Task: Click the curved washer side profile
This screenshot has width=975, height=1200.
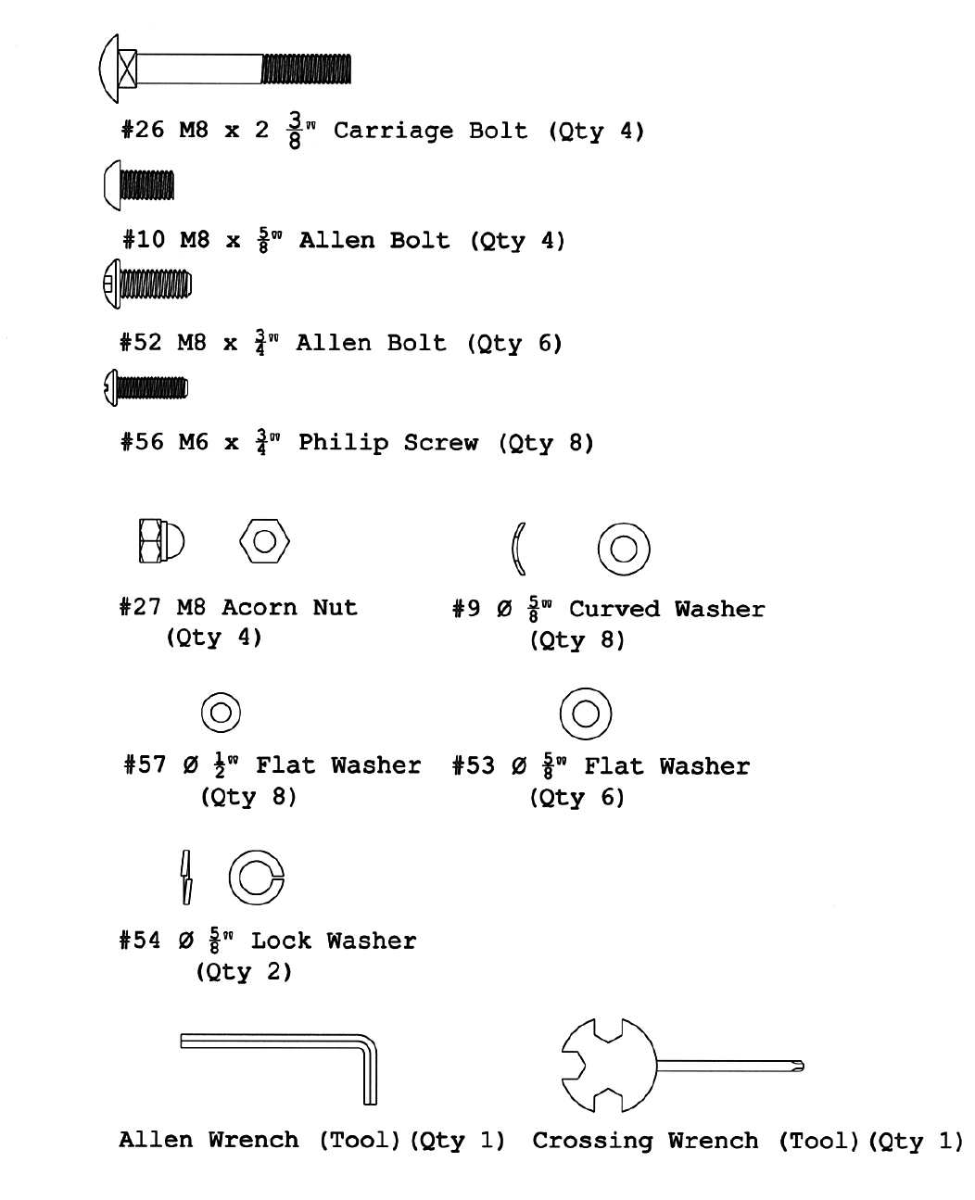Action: tap(518, 549)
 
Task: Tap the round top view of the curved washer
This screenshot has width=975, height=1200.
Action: tap(623, 549)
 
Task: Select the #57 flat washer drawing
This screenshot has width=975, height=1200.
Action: tap(221, 713)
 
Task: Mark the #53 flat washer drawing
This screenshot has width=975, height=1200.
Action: tap(586, 714)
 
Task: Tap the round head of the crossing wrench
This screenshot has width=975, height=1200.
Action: tap(607, 1065)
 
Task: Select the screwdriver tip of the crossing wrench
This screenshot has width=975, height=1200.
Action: tap(797, 1067)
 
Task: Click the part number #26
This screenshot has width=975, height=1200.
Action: tap(142, 130)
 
